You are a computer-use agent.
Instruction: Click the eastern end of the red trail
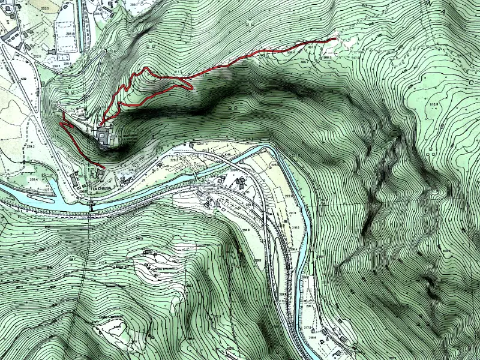tap(334, 39)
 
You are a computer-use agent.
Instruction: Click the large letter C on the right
tap(471, 81)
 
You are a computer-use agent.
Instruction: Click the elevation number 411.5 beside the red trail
tap(178, 73)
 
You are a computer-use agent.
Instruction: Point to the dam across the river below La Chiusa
tap(91, 207)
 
